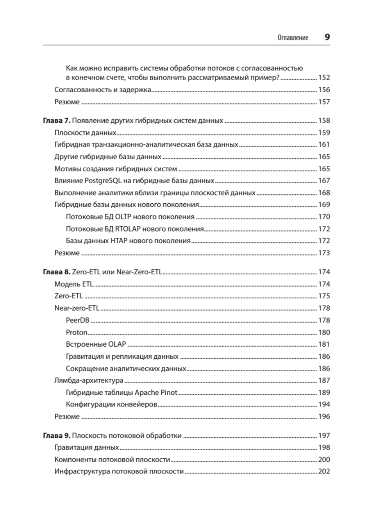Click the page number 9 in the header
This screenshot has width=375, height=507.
pyautogui.click(x=327, y=37)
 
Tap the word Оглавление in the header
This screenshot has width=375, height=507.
pyautogui.click(x=293, y=38)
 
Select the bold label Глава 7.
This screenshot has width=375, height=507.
pyautogui.click(x=56, y=121)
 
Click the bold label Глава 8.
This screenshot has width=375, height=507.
pyautogui.click(x=56, y=272)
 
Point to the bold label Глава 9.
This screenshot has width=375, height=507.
pyautogui.click(x=56, y=436)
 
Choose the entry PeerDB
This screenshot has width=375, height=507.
pyautogui.click(x=77, y=320)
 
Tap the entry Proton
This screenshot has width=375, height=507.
pyautogui.click(x=76, y=333)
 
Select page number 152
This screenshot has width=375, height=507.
pyautogui.click(x=324, y=78)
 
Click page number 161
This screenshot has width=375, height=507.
pyautogui.click(x=324, y=145)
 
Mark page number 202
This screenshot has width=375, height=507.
pyautogui.click(x=324, y=472)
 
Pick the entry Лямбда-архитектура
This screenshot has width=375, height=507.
pyautogui.click(x=89, y=381)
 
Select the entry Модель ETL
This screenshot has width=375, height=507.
pyautogui.click(x=74, y=284)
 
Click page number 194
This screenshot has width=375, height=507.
pyautogui.click(x=324, y=405)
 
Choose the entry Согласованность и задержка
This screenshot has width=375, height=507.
pyautogui.click(x=102, y=90)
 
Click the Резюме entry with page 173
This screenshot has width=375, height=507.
pyautogui.click(x=67, y=253)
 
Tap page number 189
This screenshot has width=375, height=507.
pyautogui.click(x=324, y=393)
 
